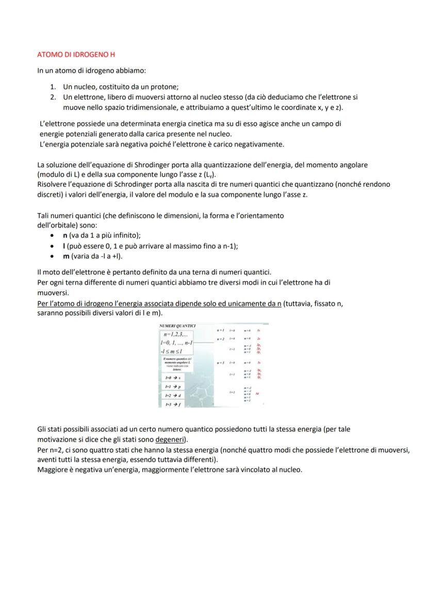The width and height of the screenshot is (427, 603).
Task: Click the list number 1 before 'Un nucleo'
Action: (53, 88)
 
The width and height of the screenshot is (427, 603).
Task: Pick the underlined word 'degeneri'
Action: (171, 439)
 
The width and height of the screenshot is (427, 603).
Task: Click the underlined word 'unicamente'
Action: (241, 304)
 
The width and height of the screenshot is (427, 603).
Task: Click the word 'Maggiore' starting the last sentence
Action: (52, 469)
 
